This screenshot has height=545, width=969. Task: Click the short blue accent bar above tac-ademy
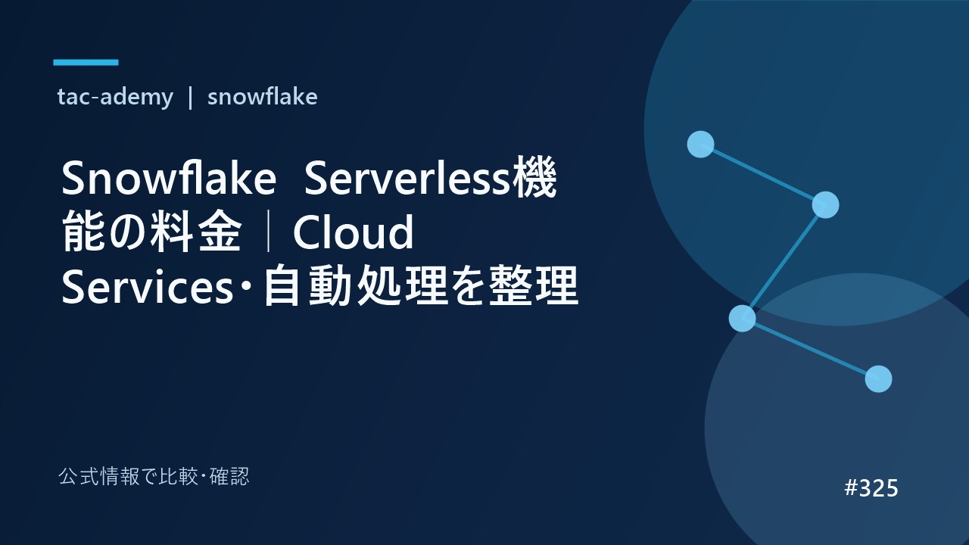point(86,62)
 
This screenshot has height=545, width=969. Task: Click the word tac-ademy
point(115,97)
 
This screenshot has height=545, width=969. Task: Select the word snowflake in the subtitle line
point(262,96)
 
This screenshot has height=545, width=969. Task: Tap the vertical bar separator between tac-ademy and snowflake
point(190,98)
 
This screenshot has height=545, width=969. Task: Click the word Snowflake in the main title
point(169,178)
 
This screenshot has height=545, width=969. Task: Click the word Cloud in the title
point(353,232)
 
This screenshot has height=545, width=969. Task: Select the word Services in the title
point(147,286)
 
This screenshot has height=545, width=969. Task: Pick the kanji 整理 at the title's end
point(534,286)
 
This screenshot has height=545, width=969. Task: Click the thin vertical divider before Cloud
point(269,232)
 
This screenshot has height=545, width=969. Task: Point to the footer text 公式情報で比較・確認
point(154,477)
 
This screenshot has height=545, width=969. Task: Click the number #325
point(871,488)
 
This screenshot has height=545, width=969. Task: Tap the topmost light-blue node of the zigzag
point(700,144)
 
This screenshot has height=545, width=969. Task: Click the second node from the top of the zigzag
point(825,204)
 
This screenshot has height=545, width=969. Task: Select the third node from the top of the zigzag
point(743,319)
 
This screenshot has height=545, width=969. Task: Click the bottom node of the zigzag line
point(879,379)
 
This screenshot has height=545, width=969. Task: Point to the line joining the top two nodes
point(763,174)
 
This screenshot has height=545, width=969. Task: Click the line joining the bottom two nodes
point(810,349)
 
